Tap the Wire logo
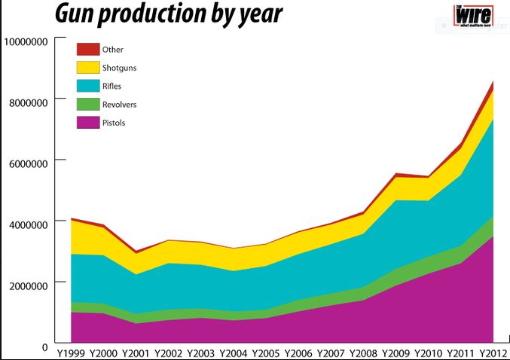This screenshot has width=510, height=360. click(x=472, y=16)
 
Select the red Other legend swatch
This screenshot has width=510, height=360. click(x=87, y=49)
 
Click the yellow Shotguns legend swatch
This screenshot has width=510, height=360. click(x=87, y=68)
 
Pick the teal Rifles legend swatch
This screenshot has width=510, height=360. click(x=87, y=86)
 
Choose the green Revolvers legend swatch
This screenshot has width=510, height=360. click(x=87, y=104)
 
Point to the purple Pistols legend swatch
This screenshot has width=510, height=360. click(x=87, y=122)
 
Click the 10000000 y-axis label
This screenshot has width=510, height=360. click(x=28, y=41)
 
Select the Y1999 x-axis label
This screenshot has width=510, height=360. click(x=70, y=353)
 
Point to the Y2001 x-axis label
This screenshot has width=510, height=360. click(x=135, y=353)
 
